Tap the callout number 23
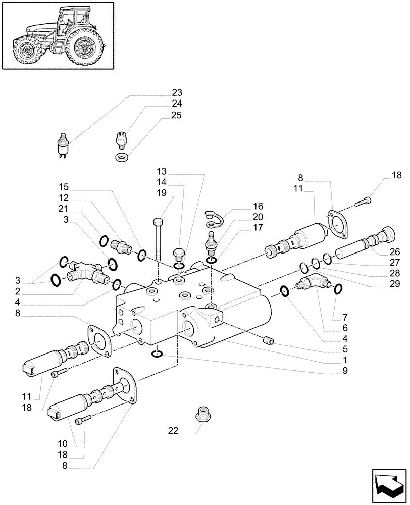point(177,93)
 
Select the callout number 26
point(395,251)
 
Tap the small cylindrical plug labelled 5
point(268,342)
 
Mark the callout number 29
point(395,284)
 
